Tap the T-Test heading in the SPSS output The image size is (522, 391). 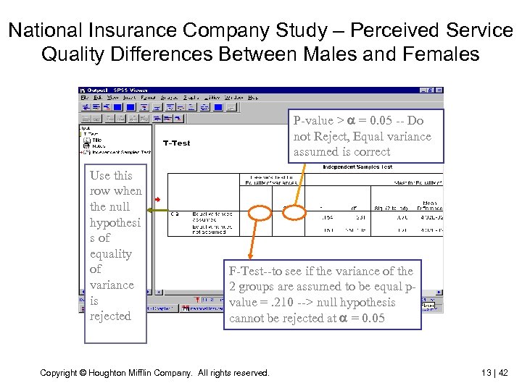[176, 143]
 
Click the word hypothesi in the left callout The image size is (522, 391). [115, 222]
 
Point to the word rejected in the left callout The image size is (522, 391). [110, 316]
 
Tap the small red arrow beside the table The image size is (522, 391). [157, 199]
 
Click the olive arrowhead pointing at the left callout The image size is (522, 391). [150, 211]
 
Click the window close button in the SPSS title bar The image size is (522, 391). [439, 91]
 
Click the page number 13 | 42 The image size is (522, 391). [494, 373]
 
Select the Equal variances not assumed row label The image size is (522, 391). [212, 230]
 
